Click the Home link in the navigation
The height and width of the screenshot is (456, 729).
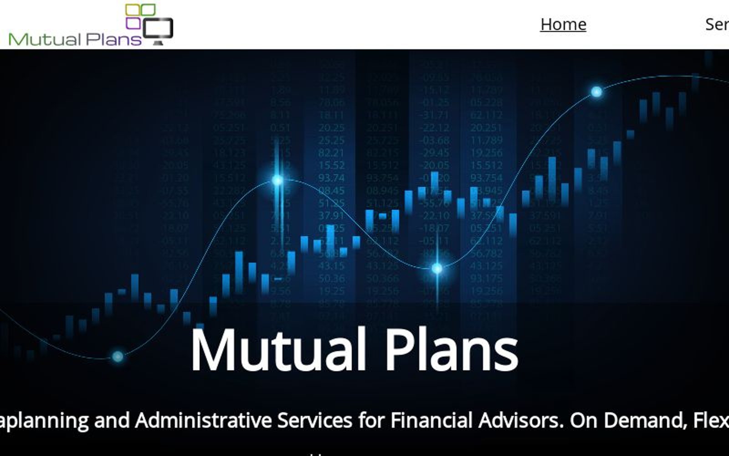pos(563,24)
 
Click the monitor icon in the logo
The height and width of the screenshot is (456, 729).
pos(158,31)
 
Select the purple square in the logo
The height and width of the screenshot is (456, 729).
pos(133,23)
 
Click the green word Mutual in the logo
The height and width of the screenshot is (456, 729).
pos(45,39)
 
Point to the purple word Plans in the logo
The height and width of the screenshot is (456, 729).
pos(113,39)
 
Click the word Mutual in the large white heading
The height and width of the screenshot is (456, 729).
pos(278,350)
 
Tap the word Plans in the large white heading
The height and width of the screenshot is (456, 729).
pos(452,350)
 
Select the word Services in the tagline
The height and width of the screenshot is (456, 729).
pos(314,420)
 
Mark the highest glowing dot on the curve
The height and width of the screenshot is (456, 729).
pos(596,92)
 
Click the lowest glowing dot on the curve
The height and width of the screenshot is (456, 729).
pos(118,357)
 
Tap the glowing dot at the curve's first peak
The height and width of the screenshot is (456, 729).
pos(277,181)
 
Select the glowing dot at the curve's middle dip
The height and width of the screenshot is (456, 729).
pos(437,269)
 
